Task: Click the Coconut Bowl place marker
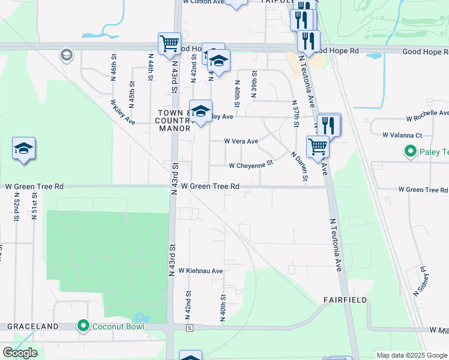point(83,326)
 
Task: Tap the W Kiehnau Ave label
point(200,271)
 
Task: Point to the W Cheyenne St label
point(251,164)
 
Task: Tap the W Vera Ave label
point(241,142)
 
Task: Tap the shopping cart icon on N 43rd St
point(170,43)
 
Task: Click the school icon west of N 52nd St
point(23,148)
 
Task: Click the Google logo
point(20,353)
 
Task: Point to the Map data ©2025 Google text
point(412,355)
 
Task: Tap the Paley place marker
point(411,151)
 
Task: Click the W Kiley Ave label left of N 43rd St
point(122,112)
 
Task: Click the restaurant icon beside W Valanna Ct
point(329,124)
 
